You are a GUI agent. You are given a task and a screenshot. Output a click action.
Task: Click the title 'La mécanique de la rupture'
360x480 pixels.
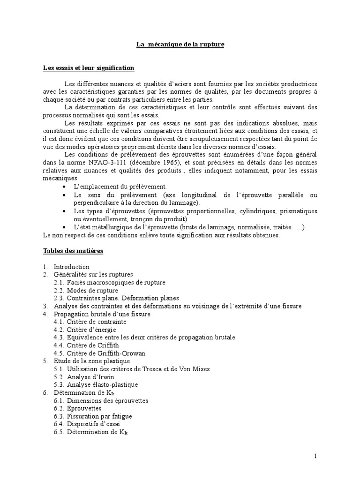pyautogui.click(x=180, y=45)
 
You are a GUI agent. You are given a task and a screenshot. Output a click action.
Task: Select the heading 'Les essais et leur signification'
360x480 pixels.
pyautogui.click(x=89, y=68)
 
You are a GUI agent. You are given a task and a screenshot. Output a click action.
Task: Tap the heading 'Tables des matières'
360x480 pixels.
pyautogui.click(x=73, y=251)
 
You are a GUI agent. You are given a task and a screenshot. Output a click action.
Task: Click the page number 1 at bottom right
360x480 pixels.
pyautogui.click(x=316, y=456)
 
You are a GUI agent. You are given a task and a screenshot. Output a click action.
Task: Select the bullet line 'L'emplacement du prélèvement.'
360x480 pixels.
pyautogui.click(x=120, y=187)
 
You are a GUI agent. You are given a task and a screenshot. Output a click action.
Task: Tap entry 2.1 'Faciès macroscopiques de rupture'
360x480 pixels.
pyautogui.click(x=109, y=283)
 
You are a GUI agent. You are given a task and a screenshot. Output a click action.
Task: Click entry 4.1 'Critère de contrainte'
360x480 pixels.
pyautogui.click(x=90, y=322)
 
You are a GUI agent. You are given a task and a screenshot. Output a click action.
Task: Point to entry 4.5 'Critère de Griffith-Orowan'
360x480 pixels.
pyautogui.click(x=99, y=353)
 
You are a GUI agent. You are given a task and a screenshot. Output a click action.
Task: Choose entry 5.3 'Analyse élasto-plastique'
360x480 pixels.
pyautogui.click(x=96, y=385)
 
